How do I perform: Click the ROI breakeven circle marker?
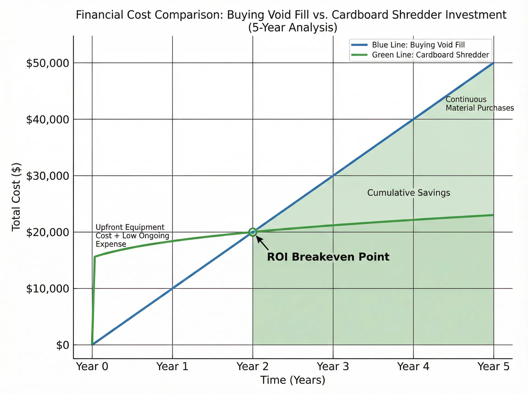tap(253, 232)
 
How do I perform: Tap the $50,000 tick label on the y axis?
tap(47, 63)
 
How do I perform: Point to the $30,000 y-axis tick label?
tap(47, 176)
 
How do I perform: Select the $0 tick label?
tap(62, 345)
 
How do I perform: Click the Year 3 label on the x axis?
tap(333, 367)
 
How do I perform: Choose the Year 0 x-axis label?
tap(92, 367)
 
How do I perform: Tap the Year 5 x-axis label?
tap(494, 367)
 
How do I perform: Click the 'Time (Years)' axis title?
tap(293, 380)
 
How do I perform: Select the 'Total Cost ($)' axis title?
tap(16, 197)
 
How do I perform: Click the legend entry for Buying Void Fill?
tap(418, 45)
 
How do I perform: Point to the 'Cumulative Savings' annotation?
tap(409, 193)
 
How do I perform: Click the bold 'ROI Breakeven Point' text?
tap(328, 257)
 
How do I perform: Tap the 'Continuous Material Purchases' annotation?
tap(479, 104)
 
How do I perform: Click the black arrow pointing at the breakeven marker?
tap(263, 243)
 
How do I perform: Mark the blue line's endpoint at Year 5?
tap(494, 63)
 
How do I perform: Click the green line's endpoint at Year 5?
tap(494, 215)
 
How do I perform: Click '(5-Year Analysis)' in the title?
tap(293, 28)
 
